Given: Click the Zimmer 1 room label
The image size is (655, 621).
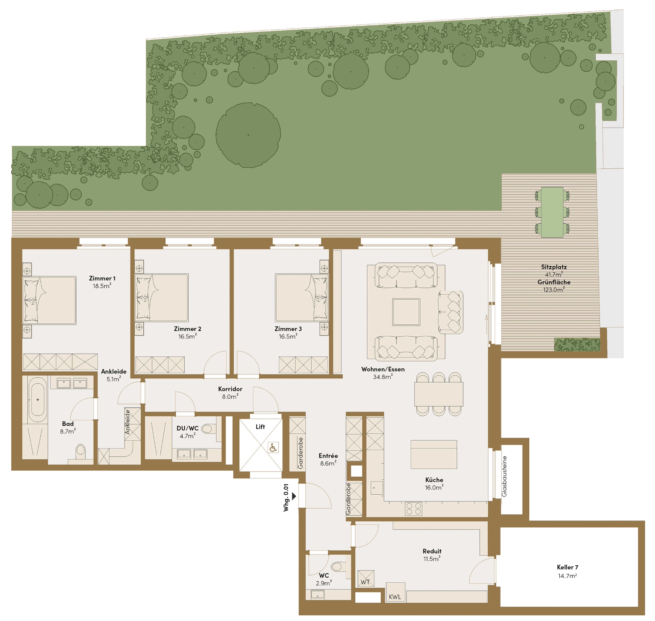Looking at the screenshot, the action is pos(102,278).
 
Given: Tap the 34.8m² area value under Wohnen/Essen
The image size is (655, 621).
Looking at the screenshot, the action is pos(383,376).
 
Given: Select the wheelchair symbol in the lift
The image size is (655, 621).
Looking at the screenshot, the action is pos(273,447).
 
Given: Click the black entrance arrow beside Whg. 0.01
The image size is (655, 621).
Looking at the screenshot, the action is pos(294,496).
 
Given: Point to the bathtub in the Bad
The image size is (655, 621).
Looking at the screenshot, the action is pos(37,399).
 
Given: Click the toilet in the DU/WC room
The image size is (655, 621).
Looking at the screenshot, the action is pos(209,428).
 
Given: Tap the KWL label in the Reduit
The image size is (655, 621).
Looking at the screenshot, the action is pos(395,597).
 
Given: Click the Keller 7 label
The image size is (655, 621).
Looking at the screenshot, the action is pos(567,567).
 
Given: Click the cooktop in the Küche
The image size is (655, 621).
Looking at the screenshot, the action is pos(414,509).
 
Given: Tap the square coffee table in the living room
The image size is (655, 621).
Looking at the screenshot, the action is pos(406,312).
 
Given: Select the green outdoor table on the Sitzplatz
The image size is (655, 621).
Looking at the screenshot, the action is pos(552,212).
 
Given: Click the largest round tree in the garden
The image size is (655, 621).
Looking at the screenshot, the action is pos(248,135).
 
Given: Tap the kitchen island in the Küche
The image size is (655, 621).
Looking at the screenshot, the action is pos(434,454).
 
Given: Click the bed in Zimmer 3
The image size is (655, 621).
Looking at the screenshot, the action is pos(302,298).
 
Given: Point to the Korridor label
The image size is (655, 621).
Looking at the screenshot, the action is pos(230,389).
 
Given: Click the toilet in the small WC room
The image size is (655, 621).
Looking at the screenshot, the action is pos(338,566).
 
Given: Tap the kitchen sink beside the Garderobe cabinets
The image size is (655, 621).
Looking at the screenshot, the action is pos(377,488).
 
